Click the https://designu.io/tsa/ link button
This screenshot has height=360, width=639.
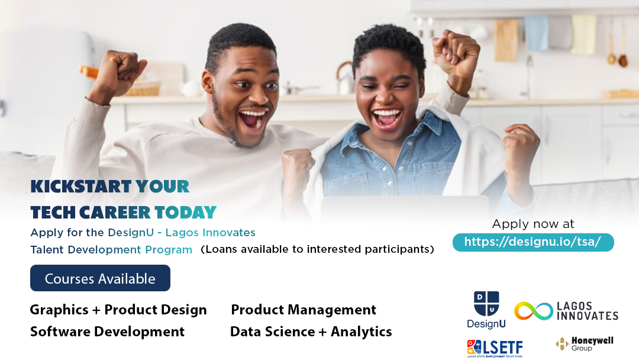(x=533, y=242)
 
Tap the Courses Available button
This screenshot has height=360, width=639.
(x=100, y=278)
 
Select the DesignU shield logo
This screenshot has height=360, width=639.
(x=486, y=303)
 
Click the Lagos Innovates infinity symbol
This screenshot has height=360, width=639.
(x=534, y=311)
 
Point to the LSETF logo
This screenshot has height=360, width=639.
(x=495, y=349)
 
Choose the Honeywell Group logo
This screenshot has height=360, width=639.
(x=585, y=343)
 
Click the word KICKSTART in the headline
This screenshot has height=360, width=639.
(x=80, y=187)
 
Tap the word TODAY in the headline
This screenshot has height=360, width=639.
(x=185, y=213)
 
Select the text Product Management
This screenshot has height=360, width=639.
(x=304, y=310)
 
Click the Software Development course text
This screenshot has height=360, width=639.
(x=107, y=332)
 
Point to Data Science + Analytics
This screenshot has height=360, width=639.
(x=311, y=332)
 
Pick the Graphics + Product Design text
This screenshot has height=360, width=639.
(x=118, y=310)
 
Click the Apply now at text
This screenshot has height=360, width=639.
(x=533, y=224)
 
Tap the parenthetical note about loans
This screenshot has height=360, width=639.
(x=318, y=249)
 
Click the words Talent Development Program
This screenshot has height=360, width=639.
(x=111, y=250)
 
